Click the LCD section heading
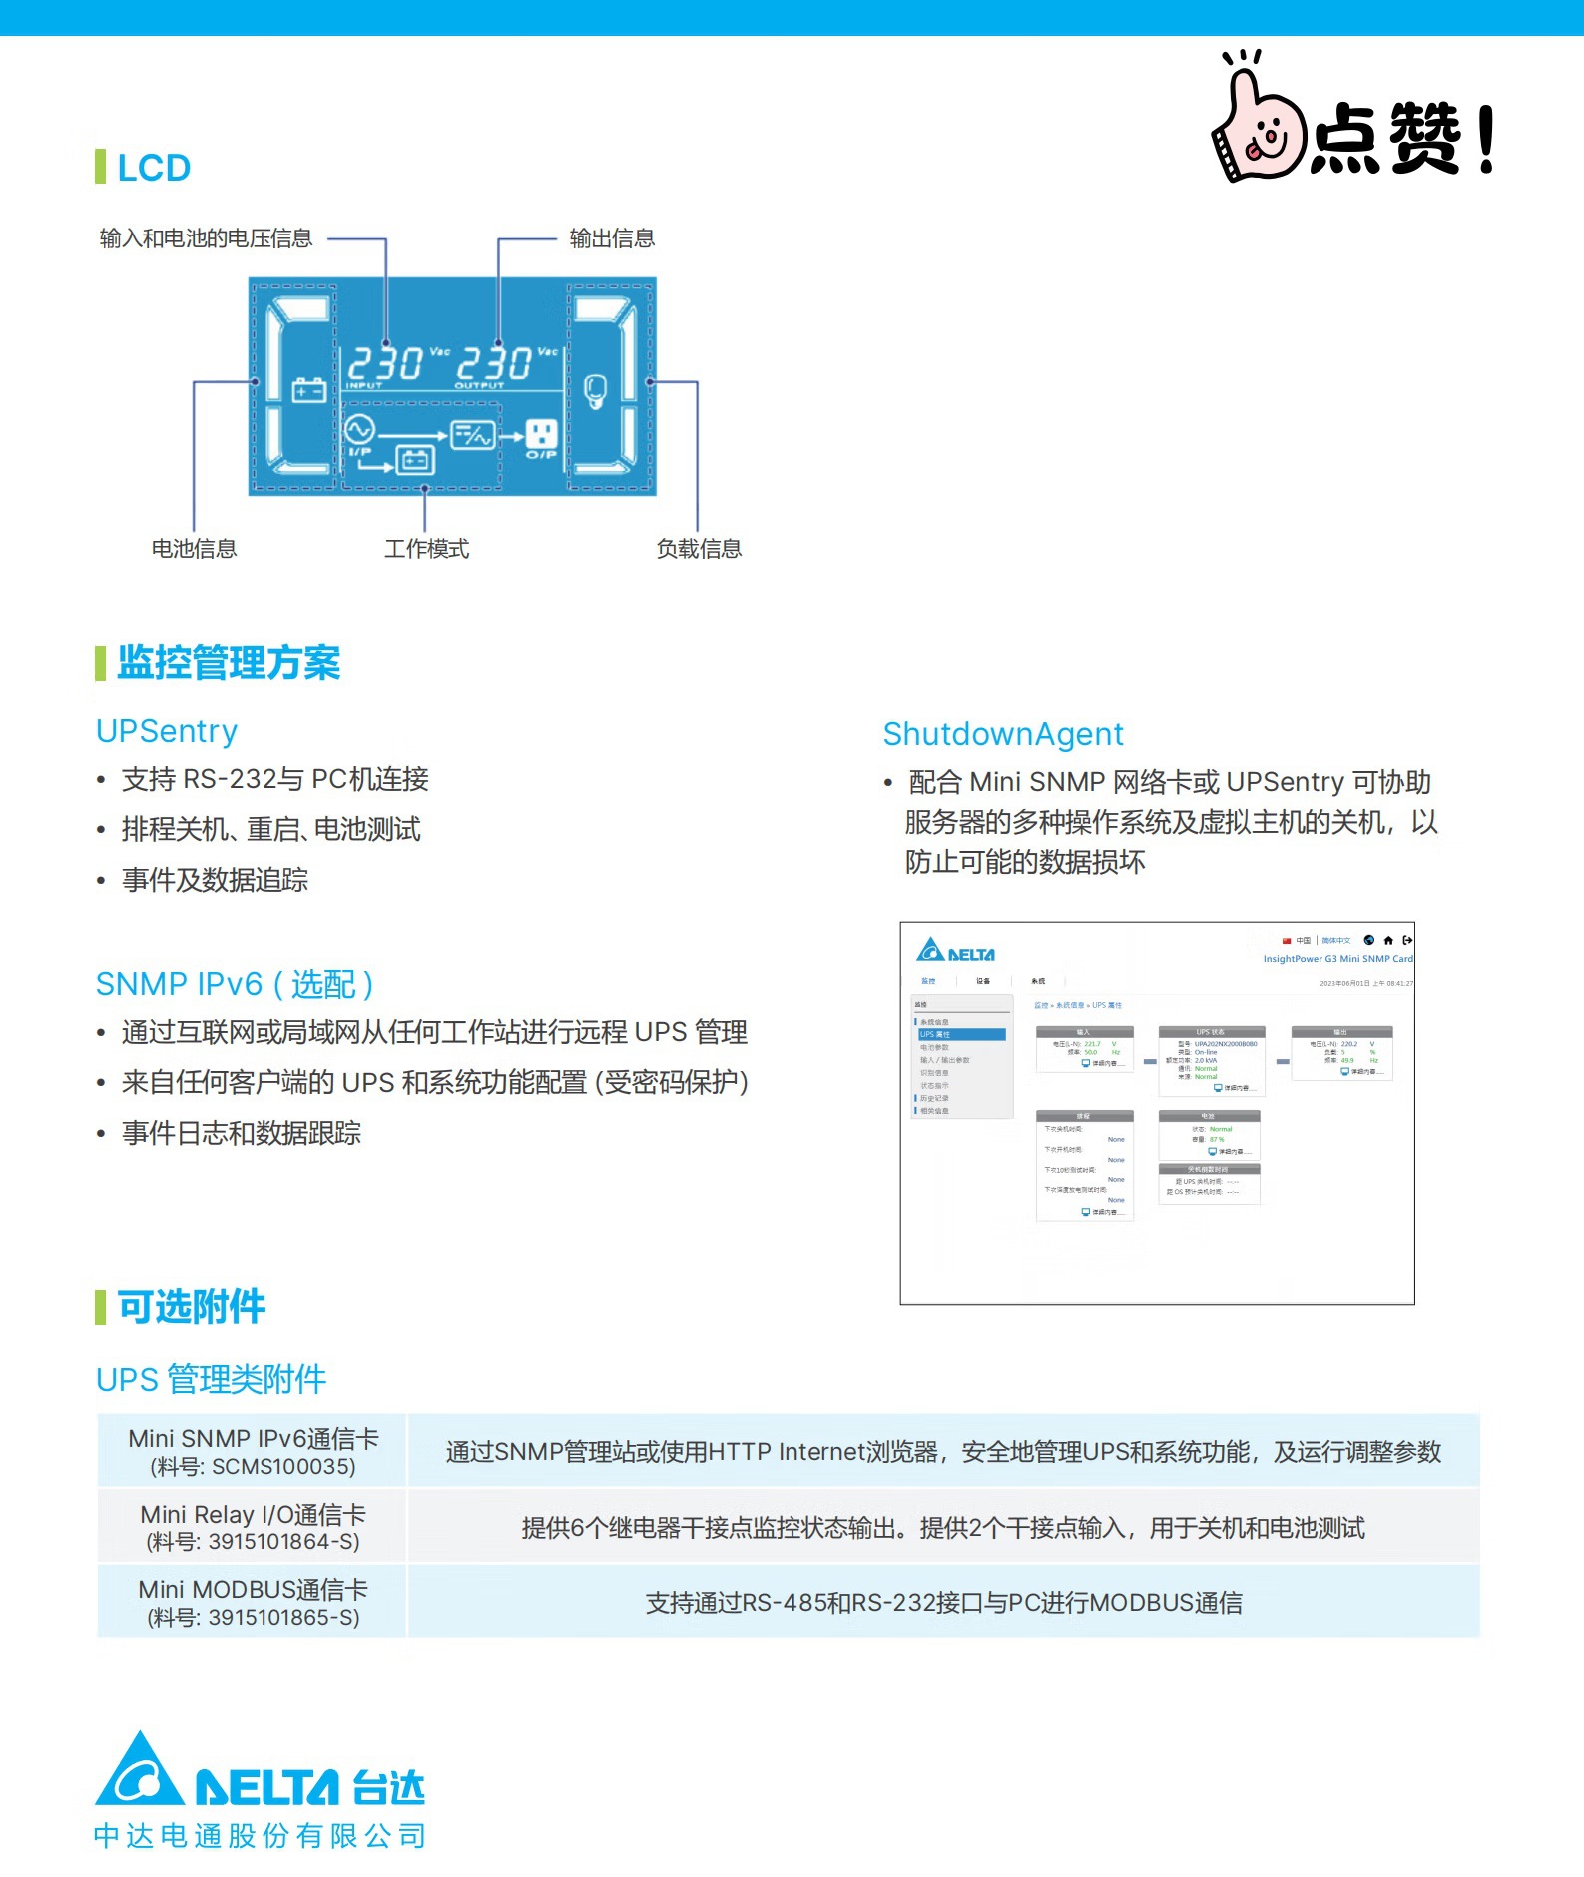(153, 168)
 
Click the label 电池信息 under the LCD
(194, 549)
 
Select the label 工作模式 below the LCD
(426, 549)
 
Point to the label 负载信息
(699, 549)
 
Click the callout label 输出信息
(612, 238)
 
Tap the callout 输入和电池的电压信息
(206, 238)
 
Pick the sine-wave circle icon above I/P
(359, 430)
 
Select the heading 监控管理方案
(229, 663)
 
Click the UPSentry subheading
(167, 731)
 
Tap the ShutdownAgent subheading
(1003, 734)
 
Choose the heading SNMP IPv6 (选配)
(235, 984)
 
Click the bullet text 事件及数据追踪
(215, 880)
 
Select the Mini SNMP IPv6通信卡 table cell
(254, 1451)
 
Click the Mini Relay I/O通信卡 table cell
(254, 1527)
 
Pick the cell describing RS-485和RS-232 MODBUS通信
(943, 1603)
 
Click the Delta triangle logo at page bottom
(140, 1771)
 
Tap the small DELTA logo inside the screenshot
(955, 951)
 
